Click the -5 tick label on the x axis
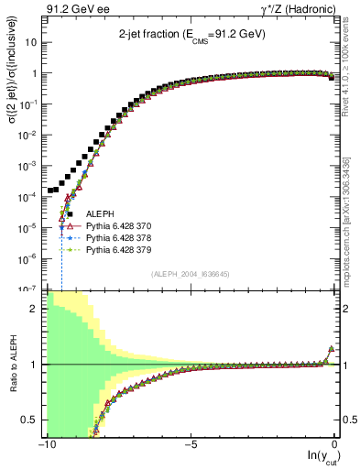(x=190, y=445)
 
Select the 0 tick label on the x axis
(x=333, y=445)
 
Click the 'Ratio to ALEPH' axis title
(x=10, y=364)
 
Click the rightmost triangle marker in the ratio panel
(x=331, y=349)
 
